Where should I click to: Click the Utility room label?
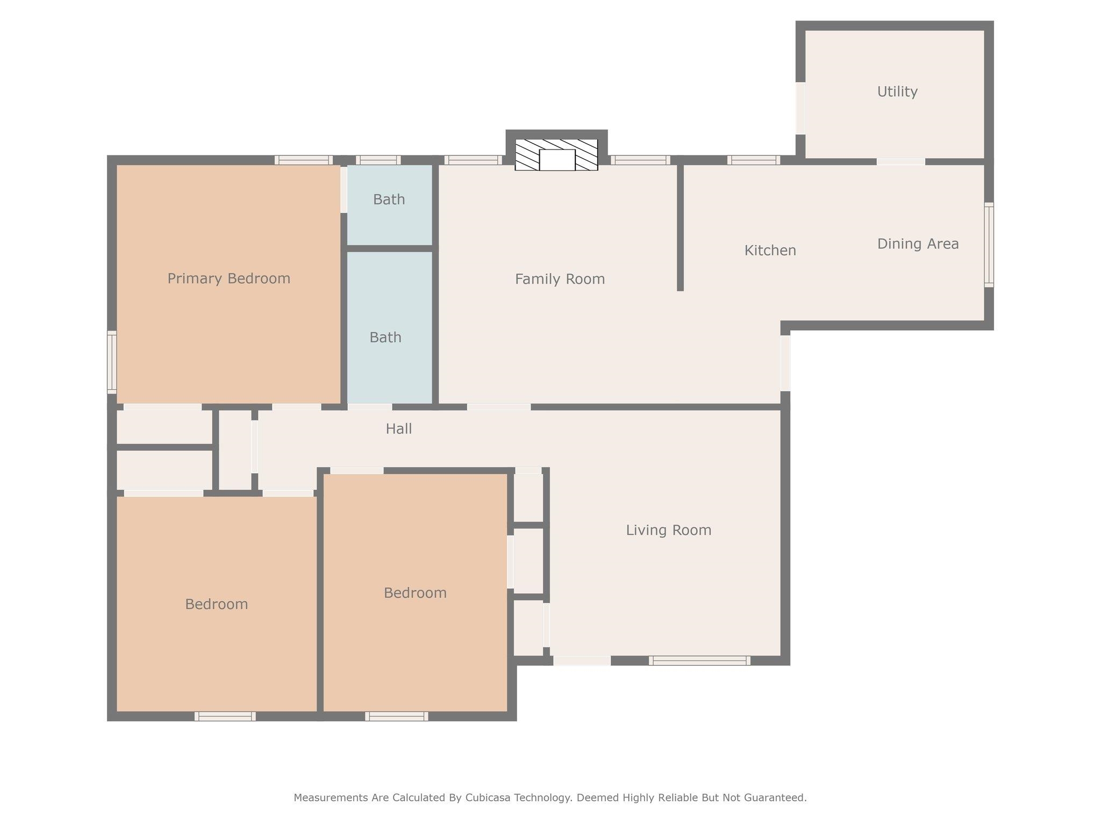click(x=897, y=92)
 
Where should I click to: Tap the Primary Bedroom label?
click(x=228, y=279)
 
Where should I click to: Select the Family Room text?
click(x=560, y=279)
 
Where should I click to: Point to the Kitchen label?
click(x=770, y=251)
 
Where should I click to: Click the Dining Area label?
click(x=918, y=244)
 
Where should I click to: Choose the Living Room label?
click(x=668, y=530)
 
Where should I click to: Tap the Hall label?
click(x=398, y=429)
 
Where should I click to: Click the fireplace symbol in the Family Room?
click(x=556, y=155)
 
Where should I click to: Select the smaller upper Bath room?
click(x=389, y=204)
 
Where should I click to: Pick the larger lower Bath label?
click(x=385, y=338)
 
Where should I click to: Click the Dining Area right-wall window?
click(x=989, y=245)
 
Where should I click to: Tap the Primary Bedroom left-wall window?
click(x=112, y=362)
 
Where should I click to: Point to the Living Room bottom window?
click(x=699, y=660)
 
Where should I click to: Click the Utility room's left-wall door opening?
click(x=800, y=108)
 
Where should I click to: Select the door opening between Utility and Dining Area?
click(x=901, y=161)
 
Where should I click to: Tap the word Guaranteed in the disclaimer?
click(x=776, y=797)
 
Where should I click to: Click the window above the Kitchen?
click(x=754, y=160)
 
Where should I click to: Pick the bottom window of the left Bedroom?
click(x=225, y=716)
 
